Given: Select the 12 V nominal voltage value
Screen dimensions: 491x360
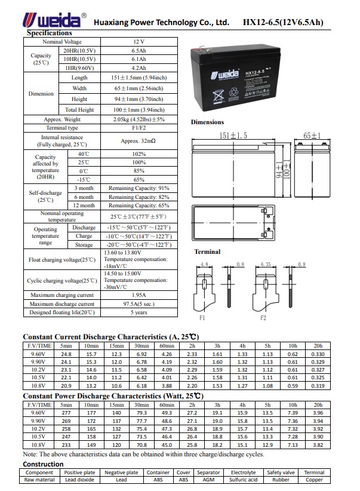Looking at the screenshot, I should click(x=139, y=43).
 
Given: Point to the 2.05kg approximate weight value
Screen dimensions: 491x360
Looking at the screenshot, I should click(x=139, y=119).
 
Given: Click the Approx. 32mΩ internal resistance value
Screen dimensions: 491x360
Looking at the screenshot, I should click(x=139, y=141).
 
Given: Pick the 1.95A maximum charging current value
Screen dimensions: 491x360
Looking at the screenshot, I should click(x=139, y=295).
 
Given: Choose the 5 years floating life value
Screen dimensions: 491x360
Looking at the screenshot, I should click(x=139, y=312).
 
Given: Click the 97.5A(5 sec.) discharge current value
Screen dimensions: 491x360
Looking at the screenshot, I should click(x=139, y=304).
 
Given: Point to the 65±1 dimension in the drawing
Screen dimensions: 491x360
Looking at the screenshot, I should click(x=312, y=136).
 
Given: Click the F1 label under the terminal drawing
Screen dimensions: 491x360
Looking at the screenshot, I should click(x=202, y=318).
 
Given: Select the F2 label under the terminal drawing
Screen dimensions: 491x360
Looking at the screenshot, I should click(x=263, y=318).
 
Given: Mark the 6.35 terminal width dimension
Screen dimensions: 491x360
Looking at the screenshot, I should click(x=266, y=263).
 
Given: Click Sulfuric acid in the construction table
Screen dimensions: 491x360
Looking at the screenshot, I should click(x=243, y=480).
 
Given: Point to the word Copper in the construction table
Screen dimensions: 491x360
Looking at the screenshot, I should click(x=314, y=480).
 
